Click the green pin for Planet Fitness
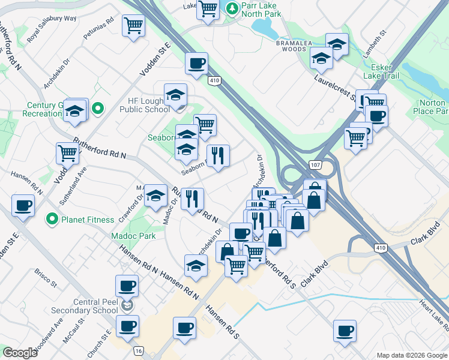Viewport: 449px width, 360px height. (x=52, y=219)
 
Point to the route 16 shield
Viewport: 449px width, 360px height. (x=139, y=350)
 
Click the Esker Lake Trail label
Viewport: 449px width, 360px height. (x=385, y=71)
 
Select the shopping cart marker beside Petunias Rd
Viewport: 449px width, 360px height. (x=133, y=25)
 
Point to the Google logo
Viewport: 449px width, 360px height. (x=20, y=353)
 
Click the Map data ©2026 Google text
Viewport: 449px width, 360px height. (x=412, y=355)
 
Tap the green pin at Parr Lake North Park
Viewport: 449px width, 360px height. (x=232, y=8)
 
